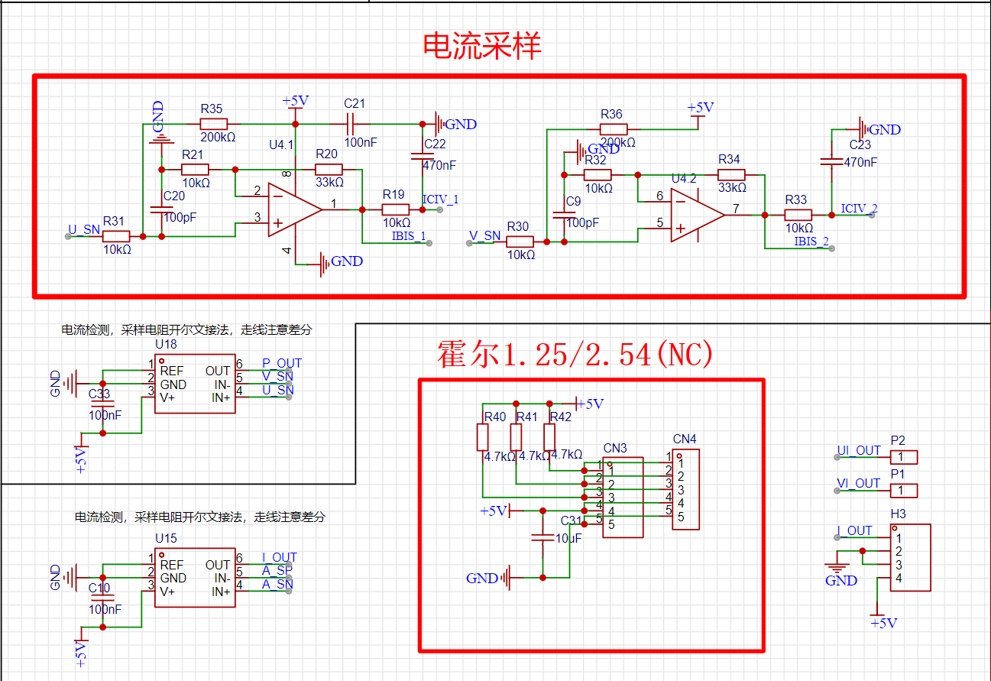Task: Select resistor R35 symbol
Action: click(x=213, y=124)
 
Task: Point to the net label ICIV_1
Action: click(x=440, y=200)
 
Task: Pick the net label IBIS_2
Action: click(x=811, y=242)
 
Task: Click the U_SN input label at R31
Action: click(x=84, y=229)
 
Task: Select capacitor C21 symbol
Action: click(x=355, y=124)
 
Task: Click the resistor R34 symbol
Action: click(x=732, y=175)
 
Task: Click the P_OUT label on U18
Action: click(x=282, y=363)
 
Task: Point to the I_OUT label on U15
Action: click(x=280, y=557)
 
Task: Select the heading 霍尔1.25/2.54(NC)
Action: click(x=575, y=354)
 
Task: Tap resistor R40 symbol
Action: click(x=483, y=437)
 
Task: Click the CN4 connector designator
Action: click(x=685, y=439)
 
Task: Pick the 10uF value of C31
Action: click(x=568, y=538)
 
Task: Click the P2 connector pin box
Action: click(x=903, y=457)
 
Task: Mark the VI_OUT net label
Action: click(x=858, y=483)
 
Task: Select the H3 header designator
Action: click(x=898, y=514)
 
